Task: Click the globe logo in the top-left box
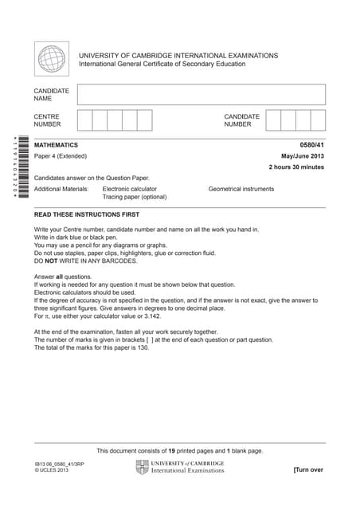pos(53,60)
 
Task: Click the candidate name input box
pos(202,95)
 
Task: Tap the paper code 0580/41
pos(311,145)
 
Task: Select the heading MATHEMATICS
pos(57,145)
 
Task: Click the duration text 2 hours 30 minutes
pos(296,167)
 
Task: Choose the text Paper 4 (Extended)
pos(61,156)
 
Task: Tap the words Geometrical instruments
pos(241,189)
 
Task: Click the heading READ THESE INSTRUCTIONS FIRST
pos(87,215)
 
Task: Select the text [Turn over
pos(308,470)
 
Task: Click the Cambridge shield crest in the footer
pos(143,468)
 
